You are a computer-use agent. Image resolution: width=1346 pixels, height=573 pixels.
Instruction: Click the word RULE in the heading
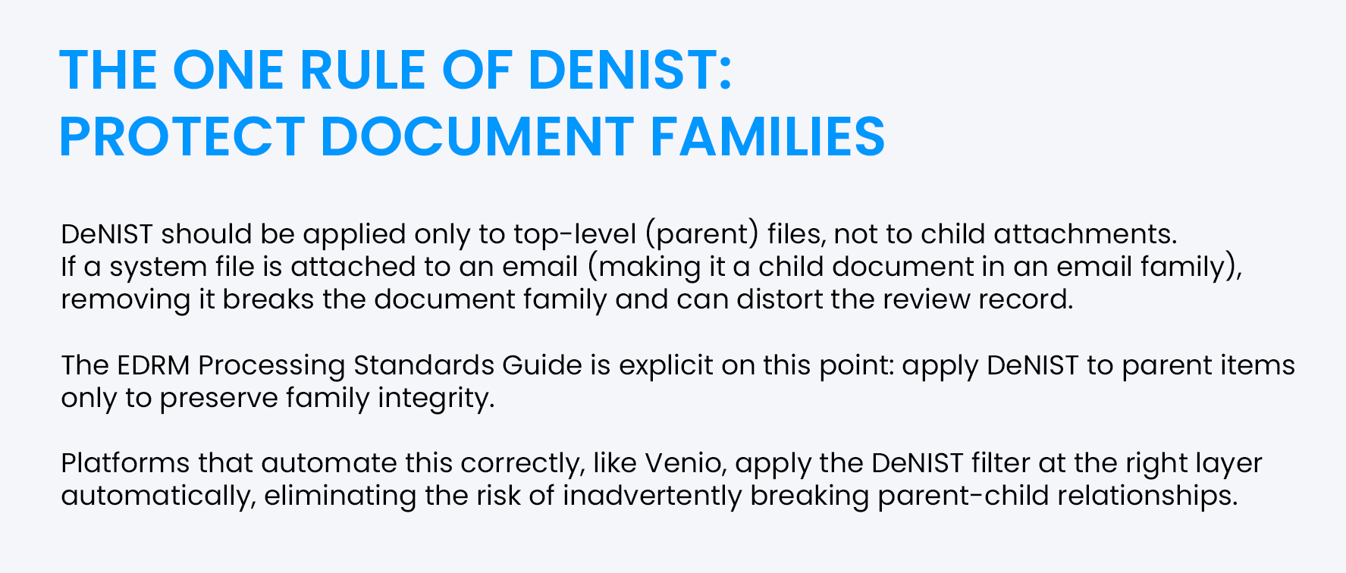pos(362,70)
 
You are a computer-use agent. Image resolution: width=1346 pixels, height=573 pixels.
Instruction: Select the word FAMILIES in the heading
pos(767,137)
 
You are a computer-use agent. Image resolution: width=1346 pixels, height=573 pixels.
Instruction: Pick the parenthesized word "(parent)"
pos(701,234)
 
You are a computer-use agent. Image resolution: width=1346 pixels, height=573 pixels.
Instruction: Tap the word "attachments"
pos(1085,234)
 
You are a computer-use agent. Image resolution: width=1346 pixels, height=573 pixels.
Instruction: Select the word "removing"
pos(125,300)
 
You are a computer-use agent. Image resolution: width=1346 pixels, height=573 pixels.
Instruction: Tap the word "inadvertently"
pos(651,496)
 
